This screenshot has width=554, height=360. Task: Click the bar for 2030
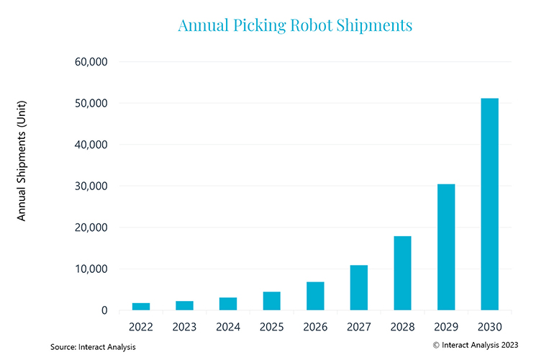[x=489, y=204]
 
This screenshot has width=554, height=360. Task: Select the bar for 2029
[x=446, y=247]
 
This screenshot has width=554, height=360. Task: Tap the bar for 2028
[x=402, y=273]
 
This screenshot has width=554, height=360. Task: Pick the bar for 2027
[x=359, y=287]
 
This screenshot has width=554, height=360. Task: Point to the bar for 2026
[x=315, y=296]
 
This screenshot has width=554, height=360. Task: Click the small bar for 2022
[x=141, y=307]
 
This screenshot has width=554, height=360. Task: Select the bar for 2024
[x=228, y=304]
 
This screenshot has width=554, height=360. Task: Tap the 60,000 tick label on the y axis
[x=91, y=62]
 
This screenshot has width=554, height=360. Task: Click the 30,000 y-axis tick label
[x=91, y=186]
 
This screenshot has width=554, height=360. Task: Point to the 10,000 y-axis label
[x=91, y=269]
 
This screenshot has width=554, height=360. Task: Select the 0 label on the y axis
[x=104, y=310]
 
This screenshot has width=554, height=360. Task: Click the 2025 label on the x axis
[x=272, y=327]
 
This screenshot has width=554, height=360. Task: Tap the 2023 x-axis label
[x=184, y=327]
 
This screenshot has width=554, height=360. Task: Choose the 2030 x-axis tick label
[x=490, y=327]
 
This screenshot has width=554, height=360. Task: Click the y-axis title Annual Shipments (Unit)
[x=22, y=161]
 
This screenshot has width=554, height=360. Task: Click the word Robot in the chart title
[x=312, y=25]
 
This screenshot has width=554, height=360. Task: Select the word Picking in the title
[x=259, y=26]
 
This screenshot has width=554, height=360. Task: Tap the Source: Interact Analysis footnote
[x=93, y=347]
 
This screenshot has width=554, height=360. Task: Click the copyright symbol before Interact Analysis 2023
[x=436, y=345]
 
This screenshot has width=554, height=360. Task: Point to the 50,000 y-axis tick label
[x=91, y=103]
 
